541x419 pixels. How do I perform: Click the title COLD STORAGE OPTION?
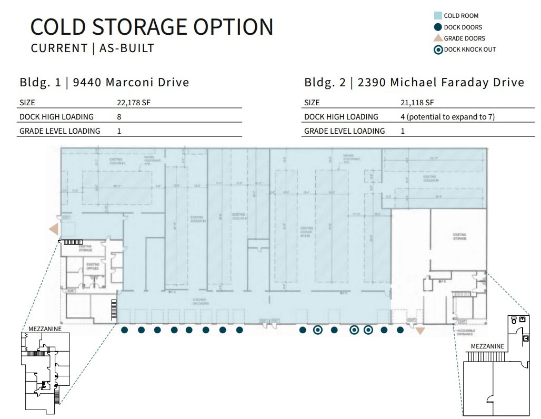click(x=152, y=27)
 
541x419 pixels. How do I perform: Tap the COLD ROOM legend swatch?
click(x=437, y=16)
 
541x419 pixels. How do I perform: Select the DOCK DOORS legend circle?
click(x=437, y=27)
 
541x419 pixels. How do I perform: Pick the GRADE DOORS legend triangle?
click(x=437, y=38)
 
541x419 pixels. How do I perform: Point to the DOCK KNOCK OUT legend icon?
click(x=437, y=49)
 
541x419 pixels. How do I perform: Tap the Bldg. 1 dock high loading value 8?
click(x=119, y=116)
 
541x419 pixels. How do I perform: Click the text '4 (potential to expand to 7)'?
click(x=447, y=116)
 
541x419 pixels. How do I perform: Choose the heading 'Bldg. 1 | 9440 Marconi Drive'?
click(x=104, y=82)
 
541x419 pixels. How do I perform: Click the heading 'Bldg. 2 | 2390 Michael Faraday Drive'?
click(x=414, y=82)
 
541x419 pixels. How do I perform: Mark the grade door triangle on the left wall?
click(x=54, y=229)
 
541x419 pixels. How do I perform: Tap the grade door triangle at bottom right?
click(x=420, y=331)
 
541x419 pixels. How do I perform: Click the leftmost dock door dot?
click(x=124, y=330)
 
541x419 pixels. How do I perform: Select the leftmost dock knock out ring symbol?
click(x=317, y=330)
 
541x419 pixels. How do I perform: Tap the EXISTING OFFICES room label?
click(x=93, y=267)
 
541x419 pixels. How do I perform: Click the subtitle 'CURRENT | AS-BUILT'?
click(x=93, y=48)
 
